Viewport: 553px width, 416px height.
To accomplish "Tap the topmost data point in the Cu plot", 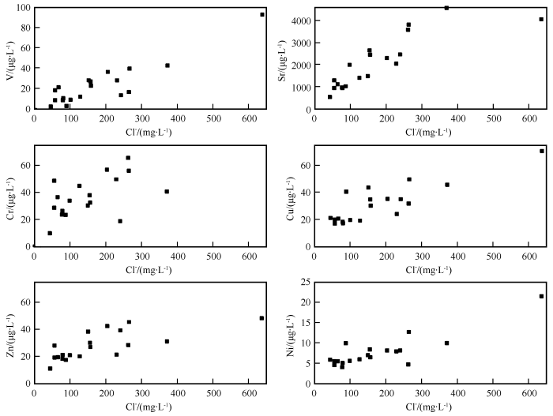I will [x=542, y=151].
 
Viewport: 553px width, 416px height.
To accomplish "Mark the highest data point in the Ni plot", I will [x=541, y=296].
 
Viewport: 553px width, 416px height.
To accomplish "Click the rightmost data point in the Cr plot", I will [x=167, y=191].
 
